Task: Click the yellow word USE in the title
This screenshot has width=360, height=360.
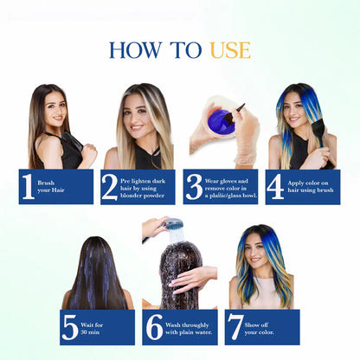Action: coord(230,50)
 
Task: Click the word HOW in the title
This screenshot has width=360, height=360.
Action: coord(136,50)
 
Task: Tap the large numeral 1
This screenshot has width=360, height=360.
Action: coord(29,186)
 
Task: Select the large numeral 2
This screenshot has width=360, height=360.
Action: coord(109,187)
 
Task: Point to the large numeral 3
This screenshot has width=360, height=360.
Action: coord(194,187)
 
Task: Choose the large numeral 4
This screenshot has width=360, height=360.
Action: coord(275,186)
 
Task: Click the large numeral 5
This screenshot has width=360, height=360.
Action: coord(70,327)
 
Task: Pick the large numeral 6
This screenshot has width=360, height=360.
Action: coord(155,327)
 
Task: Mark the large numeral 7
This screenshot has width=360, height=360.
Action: coord(235,327)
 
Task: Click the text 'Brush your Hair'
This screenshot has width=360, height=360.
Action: coord(51,187)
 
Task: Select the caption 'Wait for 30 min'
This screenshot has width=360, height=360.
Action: coord(92,329)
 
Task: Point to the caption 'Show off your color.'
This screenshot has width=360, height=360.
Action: coord(259,329)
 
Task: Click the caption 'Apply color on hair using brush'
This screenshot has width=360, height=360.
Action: coord(311,187)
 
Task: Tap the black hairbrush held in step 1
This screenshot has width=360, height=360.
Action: coord(73,140)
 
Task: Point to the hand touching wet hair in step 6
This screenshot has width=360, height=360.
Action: coord(193,279)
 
